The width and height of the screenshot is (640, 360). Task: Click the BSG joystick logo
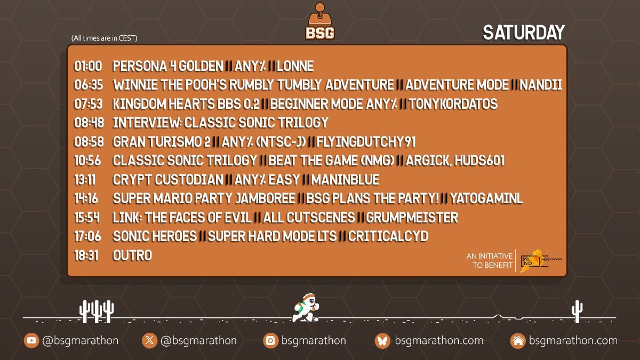[320, 22]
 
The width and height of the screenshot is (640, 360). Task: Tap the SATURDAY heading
[523, 33]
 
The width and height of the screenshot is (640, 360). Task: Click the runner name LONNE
[295, 67]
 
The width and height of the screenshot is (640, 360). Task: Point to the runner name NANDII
[541, 85]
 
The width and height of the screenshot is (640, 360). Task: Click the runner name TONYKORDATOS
[454, 104]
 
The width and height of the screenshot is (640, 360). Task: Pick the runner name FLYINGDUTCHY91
[366, 142]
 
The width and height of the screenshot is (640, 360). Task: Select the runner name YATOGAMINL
[487, 199]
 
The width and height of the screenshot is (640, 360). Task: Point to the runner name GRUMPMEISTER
[412, 218]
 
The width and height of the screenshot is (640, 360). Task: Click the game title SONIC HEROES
[155, 236]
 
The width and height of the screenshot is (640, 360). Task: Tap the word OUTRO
[132, 255]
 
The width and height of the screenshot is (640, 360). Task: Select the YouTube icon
[31, 341]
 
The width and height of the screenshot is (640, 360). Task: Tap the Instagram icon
[270, 341]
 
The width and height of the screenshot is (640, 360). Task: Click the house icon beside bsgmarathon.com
[517, 341]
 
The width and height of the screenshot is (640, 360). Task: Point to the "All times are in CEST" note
[104, 38]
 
